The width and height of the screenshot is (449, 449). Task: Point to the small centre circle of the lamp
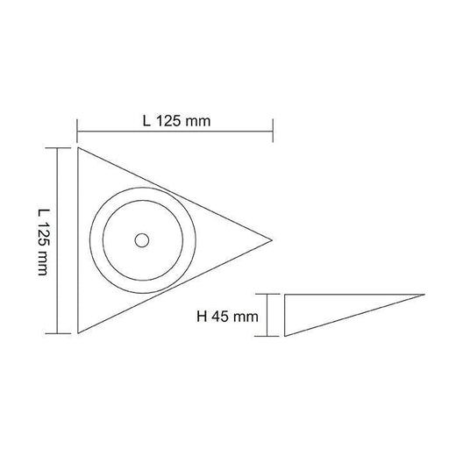(141, 239)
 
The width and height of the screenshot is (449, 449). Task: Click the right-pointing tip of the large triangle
(273, 239)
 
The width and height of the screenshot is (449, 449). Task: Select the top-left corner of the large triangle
(78, 146)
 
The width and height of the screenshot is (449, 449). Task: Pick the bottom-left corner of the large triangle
(78, 334)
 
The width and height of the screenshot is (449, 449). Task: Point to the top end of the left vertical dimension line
(59, 147)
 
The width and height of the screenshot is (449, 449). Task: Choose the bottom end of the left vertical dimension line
(59, 334)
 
